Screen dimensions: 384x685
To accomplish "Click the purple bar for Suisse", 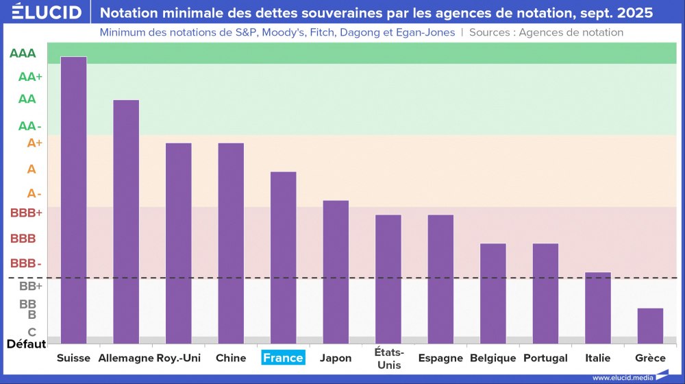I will coord(73,199).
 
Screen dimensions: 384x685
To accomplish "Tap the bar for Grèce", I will coord(650,326).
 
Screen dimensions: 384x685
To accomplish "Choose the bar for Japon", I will coord(336,272).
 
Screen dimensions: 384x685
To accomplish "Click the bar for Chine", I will coord(231,243).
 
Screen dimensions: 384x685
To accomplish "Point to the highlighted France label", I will coord(283,358).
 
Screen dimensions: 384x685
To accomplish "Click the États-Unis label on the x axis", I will coord(388,359).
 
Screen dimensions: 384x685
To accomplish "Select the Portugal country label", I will coord(545,358).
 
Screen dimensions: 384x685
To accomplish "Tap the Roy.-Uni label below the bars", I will coord(178,358).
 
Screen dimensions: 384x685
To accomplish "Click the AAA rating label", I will coord(23,53).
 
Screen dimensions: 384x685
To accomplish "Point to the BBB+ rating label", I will coord(26,213).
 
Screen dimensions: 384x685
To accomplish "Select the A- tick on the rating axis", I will coord(34,194).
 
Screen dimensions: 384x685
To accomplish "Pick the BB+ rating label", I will coord(30,286).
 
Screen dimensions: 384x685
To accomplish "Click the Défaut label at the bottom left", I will coord(26,344).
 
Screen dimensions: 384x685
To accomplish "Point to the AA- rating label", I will coord(30,126).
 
